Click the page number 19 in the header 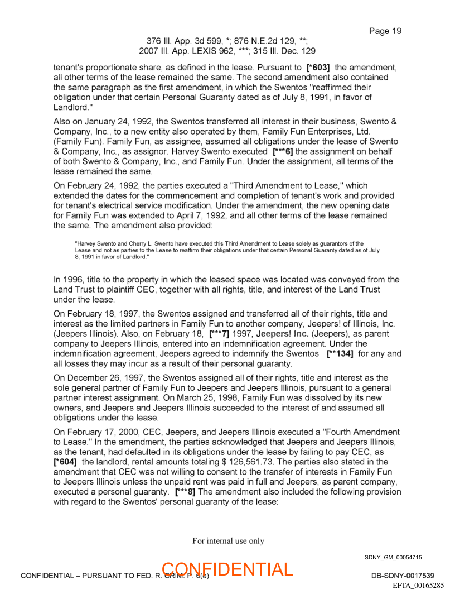(x=395, y=31)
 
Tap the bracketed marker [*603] (x=318, y=68)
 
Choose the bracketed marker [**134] (x=340, y=354)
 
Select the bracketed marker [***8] (x=185, y=492)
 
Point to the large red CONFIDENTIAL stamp (x=227, y=569)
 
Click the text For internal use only (x=228, y=541)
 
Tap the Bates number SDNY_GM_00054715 (x=393, y=557)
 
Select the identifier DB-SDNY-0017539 (x=403, y=576)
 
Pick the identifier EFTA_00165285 (x=418, y=586)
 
